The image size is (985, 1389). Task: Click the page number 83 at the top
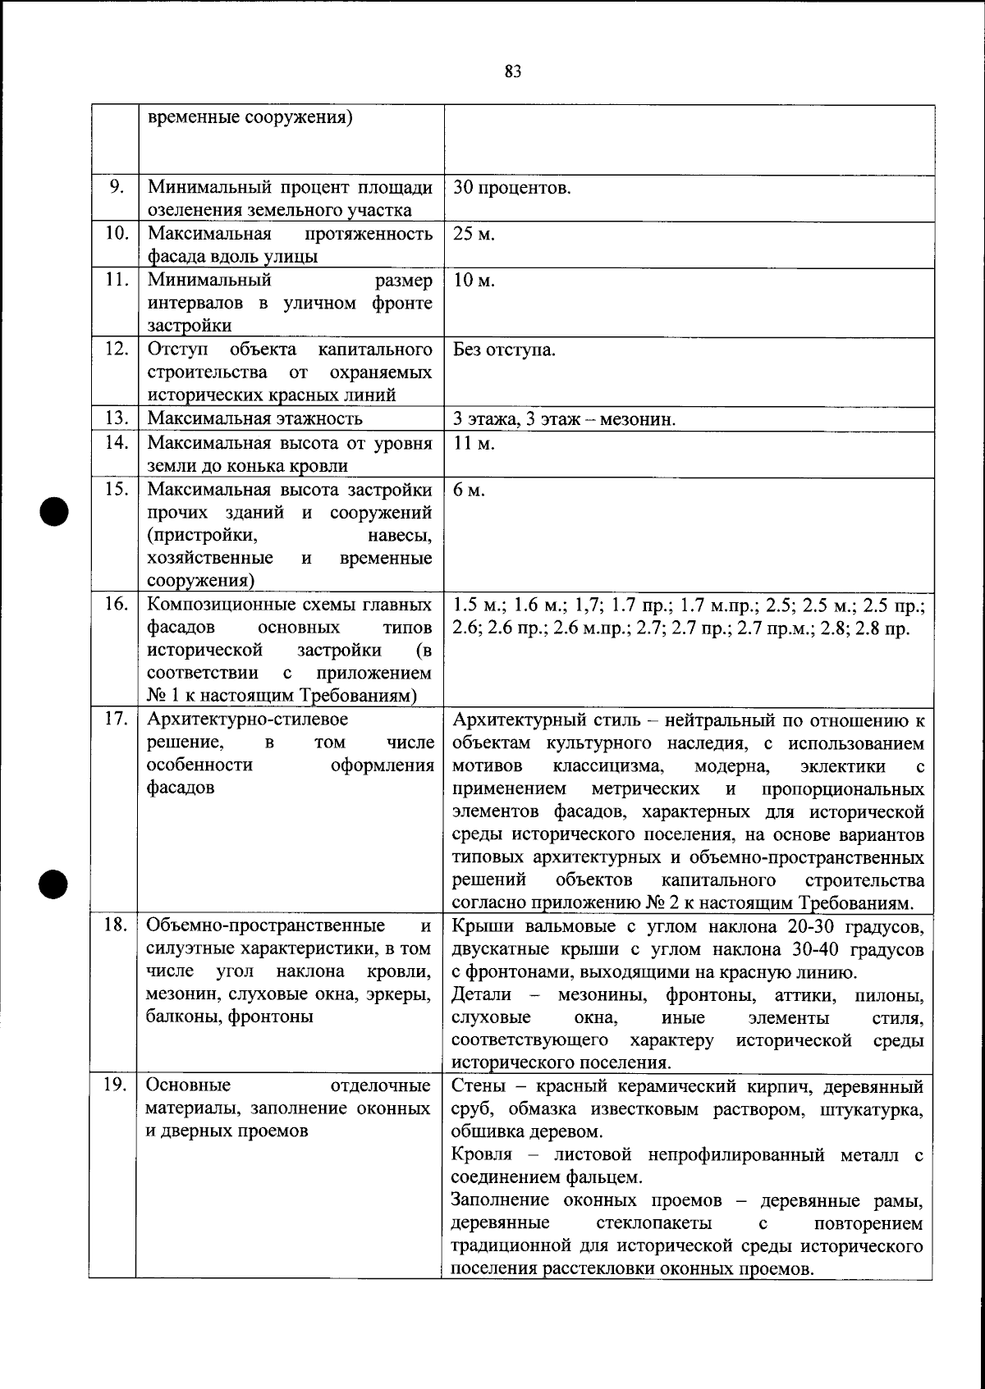click(x=513, y=71)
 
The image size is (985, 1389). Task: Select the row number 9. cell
click(x=116, y=187)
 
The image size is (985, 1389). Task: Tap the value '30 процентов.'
click(x=511, y=188)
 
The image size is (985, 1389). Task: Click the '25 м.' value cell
click(x=474, y=234)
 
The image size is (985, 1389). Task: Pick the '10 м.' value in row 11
click(x=474, y=281)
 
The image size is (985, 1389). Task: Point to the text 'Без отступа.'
click(x=504, y=350)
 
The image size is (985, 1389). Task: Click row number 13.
click(x=116, y=418)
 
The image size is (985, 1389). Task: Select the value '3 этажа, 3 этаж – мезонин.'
click(x=564, y=420)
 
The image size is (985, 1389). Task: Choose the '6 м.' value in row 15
click(x=469, y=490)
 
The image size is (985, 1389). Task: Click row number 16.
click(x=116, y=605)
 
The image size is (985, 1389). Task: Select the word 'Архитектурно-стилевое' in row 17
click(x=246, y=720)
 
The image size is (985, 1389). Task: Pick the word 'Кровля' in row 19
click(x=482, y=1154)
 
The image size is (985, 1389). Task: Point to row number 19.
click(x=115, y=1086)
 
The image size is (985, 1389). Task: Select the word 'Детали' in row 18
click(x=481, y=995)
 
